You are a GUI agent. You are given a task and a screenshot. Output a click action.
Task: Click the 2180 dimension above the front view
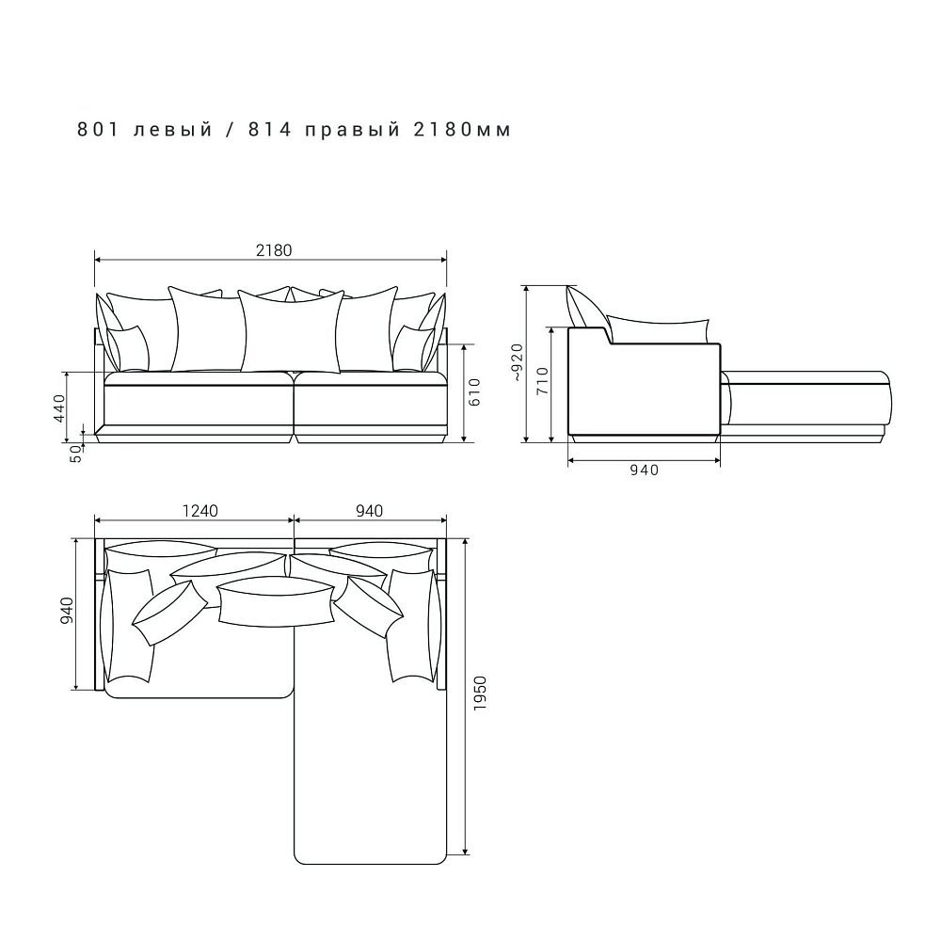pyautogui.click(x=274, y=250)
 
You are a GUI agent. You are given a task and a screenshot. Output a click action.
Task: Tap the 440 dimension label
pyautogui.click(x=59, y=408)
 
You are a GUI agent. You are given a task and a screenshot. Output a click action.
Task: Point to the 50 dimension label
pyautogui.click(x=76, y=454)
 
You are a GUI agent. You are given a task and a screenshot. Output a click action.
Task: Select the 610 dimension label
pyautogui.click(x=474, y=391)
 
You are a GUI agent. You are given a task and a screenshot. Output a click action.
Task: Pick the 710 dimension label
pyautogui.click(x=542, y=381)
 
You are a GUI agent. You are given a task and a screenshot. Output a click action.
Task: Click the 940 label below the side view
pyautogui.click(x=644, y=470)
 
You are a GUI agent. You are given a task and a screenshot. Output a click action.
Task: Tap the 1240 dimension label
pyautogui.click(x=199, y=511)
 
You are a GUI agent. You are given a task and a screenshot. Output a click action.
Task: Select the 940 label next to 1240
pyautogui.click(x=369, y=511)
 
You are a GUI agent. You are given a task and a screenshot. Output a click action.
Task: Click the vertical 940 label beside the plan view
pyautogui.click(x=66, y=611)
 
